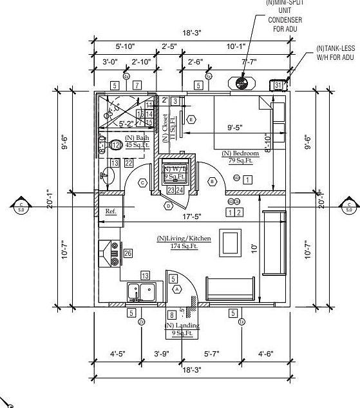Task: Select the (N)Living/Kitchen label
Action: (184, 238)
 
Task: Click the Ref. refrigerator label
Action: (111, 211)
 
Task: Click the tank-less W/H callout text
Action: (335, 53)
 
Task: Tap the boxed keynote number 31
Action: (278, 84)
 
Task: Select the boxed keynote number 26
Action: (128, 253)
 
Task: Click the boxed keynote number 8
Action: (171, 315)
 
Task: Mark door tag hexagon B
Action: (212, 182)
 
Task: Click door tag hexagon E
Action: (191, 120)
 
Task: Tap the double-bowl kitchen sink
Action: (140, 292)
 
